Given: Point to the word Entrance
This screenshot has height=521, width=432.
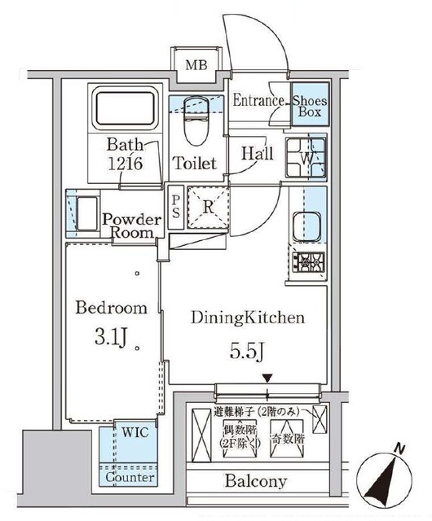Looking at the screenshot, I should pos(258,102).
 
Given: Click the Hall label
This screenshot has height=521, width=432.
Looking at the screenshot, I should pos(255,153).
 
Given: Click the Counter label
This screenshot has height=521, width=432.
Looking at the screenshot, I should pos(130,478).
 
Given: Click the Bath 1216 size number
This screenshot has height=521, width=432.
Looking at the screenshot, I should pos(126,164).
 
